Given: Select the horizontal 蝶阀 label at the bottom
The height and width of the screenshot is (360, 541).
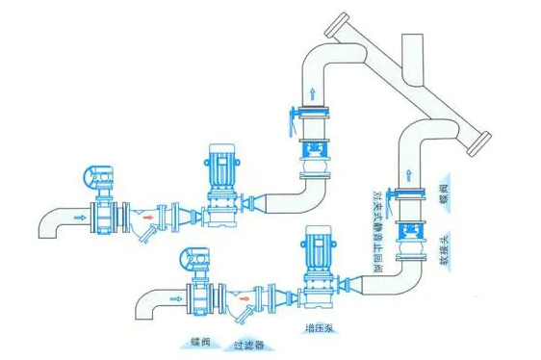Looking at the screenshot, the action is point(192,342).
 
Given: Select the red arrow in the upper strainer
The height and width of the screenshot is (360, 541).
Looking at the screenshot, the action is point(146,229).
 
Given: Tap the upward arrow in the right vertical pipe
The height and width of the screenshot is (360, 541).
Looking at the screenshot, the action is point(408,176).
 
